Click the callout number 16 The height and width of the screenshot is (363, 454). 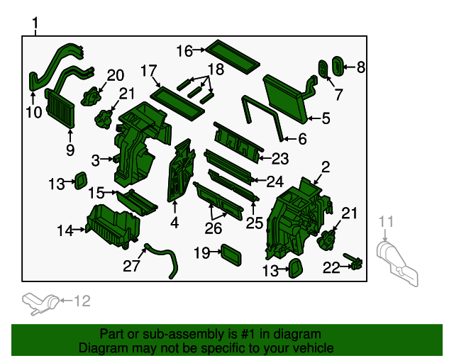click(184, 51)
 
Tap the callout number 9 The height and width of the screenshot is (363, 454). click(70, 150)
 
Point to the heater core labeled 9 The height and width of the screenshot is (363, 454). click(60, 108)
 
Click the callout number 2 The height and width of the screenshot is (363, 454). click(326, 167)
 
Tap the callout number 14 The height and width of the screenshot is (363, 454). click(65, 230)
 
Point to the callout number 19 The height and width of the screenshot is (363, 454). click(201, 252)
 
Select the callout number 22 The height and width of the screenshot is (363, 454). click(331, 267)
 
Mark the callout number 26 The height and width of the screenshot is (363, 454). click(213, 228)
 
